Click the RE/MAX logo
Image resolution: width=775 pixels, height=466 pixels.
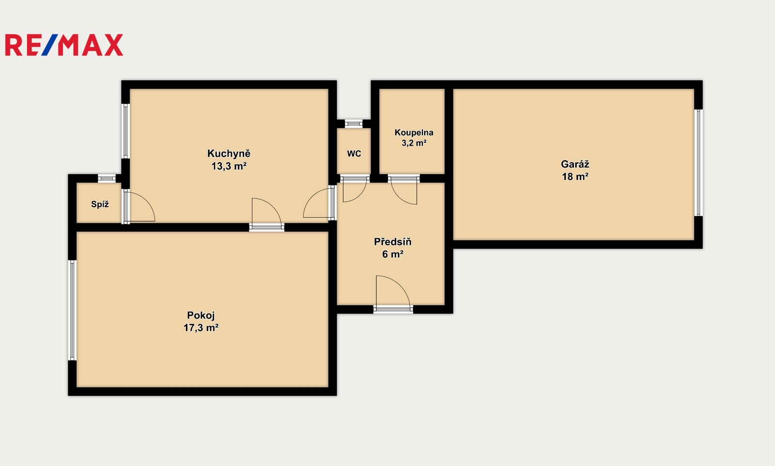[x=64, y=45]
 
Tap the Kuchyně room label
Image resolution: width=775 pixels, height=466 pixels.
[x=229, y=153]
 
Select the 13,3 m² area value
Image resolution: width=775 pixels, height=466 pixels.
[x=229, y=166]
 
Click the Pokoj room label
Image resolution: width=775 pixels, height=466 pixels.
[x=201, y=316]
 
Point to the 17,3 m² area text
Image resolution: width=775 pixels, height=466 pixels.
[x=201, y=328]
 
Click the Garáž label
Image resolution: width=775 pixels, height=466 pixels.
[x=575, y=164]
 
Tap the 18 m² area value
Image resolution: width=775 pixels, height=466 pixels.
[x=575, y=177]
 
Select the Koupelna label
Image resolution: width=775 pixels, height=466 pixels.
[x=414, y=133]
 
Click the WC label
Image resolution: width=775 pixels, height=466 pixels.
[x=354, y=154]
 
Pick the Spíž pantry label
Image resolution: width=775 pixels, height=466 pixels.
[x=100, y=204]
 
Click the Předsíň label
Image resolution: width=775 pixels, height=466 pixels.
[x=393, y=241]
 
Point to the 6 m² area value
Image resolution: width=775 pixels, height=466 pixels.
[x=393, y=255]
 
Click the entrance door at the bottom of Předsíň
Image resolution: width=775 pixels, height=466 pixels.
[x=393, y=294]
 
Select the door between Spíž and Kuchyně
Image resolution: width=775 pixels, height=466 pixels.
[x=139, y=206]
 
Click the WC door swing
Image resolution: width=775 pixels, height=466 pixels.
[x=355, y=189]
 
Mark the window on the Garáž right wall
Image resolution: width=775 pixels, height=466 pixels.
[x=698, y=163]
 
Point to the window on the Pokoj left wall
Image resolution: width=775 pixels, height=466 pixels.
[x=72, y=310]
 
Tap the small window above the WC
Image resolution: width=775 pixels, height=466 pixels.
[x=354, y=124]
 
